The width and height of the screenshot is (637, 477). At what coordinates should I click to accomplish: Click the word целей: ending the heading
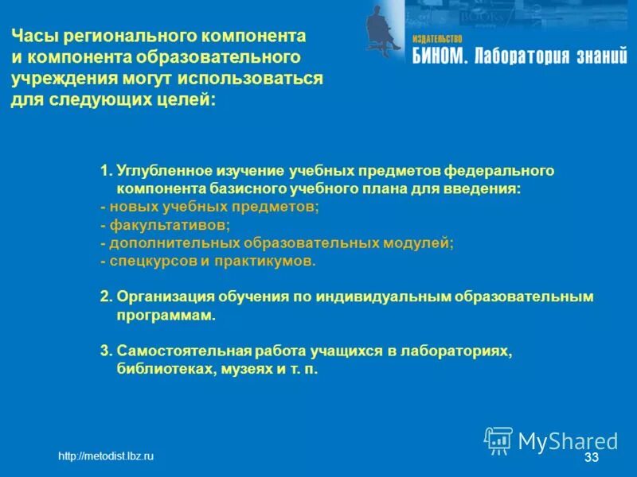coord(188,101)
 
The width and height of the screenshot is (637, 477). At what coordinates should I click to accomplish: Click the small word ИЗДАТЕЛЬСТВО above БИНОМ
coord(437,38)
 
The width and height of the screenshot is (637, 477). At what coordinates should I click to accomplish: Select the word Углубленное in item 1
coord(164,171)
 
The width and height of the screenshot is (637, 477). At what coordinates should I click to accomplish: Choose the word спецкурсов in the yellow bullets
coord(147,261)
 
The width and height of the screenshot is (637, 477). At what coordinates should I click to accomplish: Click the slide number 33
coord(591,459)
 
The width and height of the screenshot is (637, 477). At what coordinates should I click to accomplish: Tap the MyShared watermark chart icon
coord(498,440)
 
